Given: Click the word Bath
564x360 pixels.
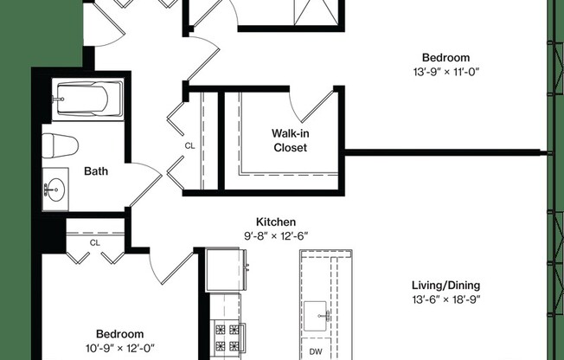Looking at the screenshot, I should (96, 171).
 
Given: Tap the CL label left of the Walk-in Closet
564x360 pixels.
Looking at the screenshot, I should (189, 146).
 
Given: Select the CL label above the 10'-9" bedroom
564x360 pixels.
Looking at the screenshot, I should (95, 243).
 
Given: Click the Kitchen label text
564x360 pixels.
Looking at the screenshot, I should (276, 222).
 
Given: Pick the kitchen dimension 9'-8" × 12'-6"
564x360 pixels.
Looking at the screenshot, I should (276, 235).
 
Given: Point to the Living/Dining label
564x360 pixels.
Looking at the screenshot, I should (446, 286).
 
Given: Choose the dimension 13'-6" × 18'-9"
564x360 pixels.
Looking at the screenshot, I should (446, 299).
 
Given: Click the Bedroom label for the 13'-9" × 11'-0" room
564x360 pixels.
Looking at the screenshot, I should (446, 57).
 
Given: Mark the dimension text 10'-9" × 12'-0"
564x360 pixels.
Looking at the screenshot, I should (120, 348).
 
